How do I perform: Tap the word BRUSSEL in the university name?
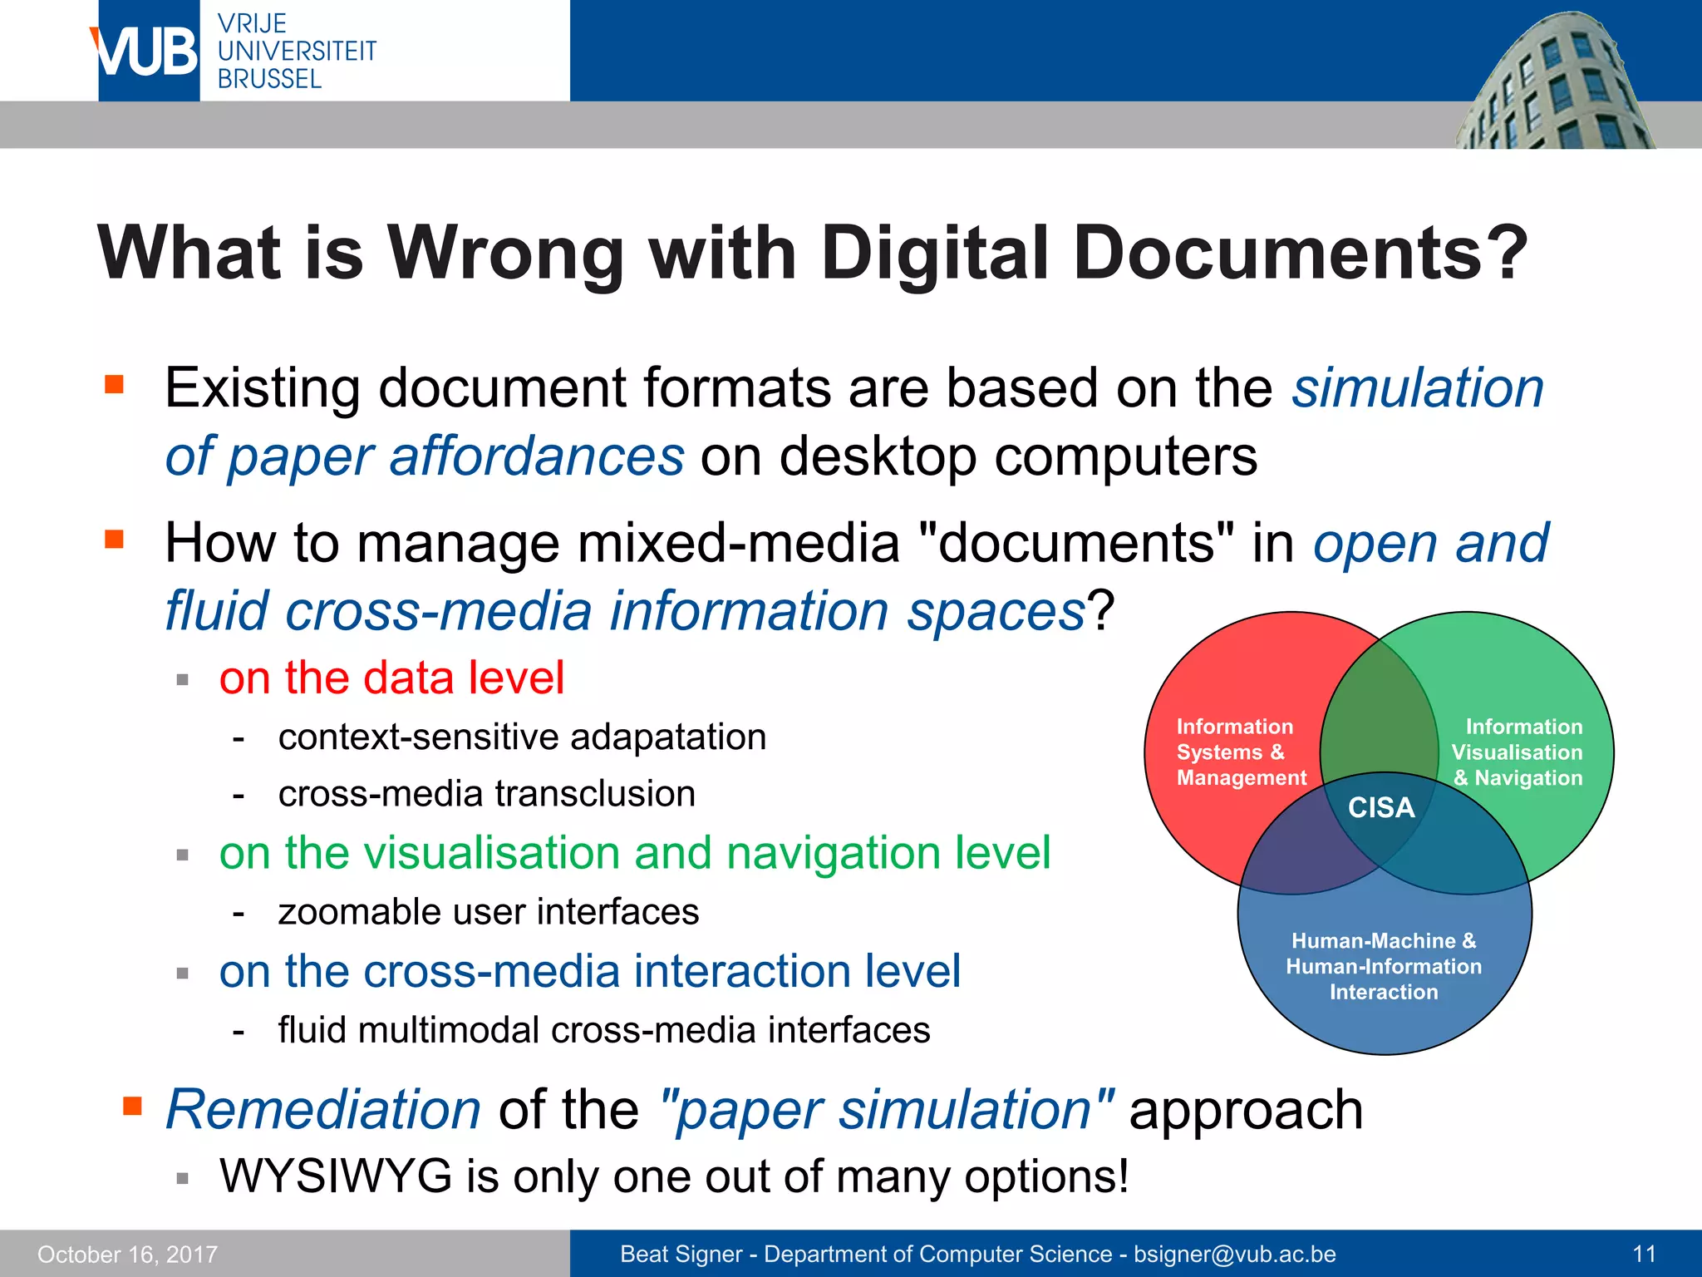[269, 80]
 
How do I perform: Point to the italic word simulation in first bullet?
[1418, 388]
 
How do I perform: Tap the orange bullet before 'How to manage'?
[114, 540]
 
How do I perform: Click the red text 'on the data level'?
[391, 678]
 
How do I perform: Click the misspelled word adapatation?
[668, 737]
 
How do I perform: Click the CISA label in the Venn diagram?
[1380, 807]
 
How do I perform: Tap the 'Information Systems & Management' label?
[1241, 752]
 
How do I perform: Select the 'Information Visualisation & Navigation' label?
[1518, 752]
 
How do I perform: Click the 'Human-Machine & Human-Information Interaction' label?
[1384, 966]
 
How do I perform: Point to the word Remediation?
[323, 1110]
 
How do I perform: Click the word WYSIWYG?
[336, 1176]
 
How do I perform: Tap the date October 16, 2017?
[127, 1255]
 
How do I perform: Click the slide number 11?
[1644, 1254]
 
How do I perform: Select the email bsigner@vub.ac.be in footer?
[1235, 1254]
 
